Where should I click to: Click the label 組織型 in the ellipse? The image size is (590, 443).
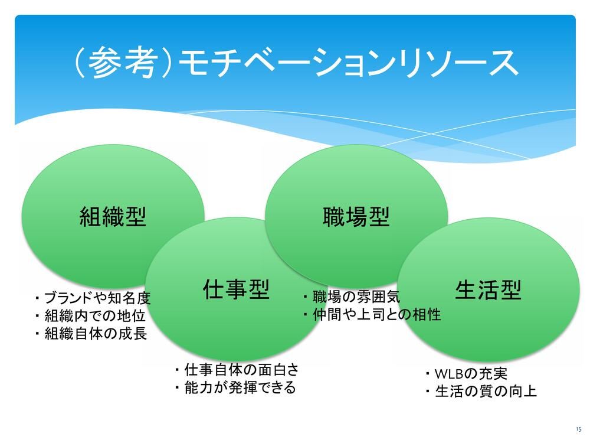[x=113, y=218]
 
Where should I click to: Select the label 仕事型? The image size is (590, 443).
[x=235, y=289]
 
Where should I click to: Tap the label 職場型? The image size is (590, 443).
[x=356, y=217]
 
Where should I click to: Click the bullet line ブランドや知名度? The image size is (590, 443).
[x=93, y=297]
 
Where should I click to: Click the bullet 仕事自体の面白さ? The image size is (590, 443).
[x=237, y=370]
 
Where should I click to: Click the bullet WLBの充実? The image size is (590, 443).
[x=466, y=374]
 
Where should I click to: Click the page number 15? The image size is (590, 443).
[x=578, y=429]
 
